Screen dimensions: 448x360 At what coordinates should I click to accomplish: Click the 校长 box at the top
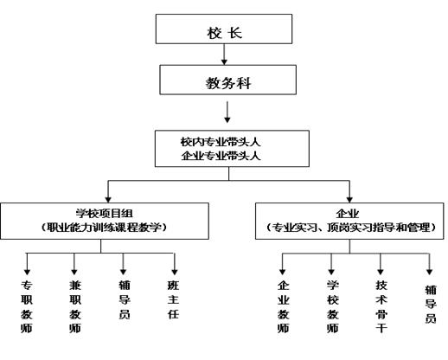[x=224, y=29]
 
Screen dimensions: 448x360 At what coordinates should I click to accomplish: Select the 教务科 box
[x=228, y=80]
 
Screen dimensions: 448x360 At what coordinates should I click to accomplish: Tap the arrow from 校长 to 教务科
[x=224, y=55]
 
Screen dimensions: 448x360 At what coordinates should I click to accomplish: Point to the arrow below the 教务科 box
[x=227, y=112]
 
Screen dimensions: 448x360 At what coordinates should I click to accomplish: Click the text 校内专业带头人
[x=221, y=142]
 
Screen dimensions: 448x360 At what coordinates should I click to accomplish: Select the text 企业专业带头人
[x=221, y=156]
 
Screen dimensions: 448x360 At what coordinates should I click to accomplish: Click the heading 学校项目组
[x=105, y=214]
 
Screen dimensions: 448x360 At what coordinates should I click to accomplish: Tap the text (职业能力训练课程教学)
[x=105, y=228]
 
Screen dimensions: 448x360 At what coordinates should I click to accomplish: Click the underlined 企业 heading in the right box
[x=348, y=214]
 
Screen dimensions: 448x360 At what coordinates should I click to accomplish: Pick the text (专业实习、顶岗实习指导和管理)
[x=350, y=228]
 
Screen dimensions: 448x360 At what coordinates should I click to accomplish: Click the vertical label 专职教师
[x=27, y=306]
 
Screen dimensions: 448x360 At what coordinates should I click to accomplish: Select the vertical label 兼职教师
[x=75, y=306]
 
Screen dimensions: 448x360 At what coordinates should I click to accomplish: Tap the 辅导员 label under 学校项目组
[x=125, y=299]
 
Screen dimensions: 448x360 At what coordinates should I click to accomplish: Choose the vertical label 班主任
[x=173, y=299]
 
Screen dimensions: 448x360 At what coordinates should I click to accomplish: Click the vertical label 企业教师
[x=284, y=306]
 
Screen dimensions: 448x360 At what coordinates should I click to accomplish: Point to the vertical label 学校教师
[x=332, y=306]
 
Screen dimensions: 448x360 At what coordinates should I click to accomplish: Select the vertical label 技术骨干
[x=381, y=306]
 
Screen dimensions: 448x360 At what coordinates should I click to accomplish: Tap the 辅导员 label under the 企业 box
[x=431, y=304]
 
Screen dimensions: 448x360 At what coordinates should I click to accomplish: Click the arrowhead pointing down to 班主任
[x=175, y=272]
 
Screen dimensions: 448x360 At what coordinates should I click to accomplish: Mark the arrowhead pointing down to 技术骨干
[x=381, y=272]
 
